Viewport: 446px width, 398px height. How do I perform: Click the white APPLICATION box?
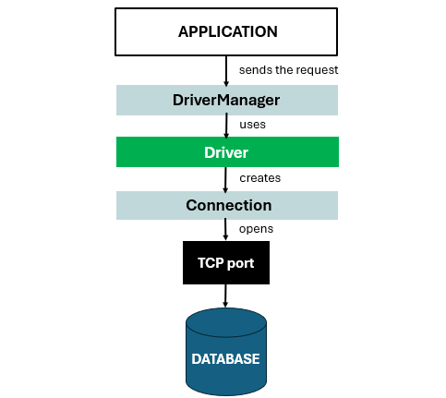(x=227, y=31)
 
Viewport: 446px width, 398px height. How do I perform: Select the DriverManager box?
(x=227, y=100)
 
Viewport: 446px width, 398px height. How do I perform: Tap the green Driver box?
(x=227, y=151)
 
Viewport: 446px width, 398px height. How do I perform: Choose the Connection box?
(x=227, y=205)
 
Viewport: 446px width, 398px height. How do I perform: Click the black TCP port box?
(x=226, y=263)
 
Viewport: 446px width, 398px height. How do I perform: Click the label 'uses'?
(x=253, y=125)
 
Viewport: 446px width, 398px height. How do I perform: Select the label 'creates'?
(x=259, y=177)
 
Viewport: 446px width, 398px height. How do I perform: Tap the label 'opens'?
(x=257, y=229)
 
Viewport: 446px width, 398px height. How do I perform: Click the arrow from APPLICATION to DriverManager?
(x=226, y=69)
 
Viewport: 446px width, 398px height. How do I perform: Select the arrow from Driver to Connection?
(x=226, y=178)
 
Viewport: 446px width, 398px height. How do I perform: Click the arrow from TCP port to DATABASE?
(x=226, y=295)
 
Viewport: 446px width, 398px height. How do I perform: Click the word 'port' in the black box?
(x=241, y=264)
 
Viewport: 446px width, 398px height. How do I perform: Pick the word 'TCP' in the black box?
(x=211, y=263)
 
